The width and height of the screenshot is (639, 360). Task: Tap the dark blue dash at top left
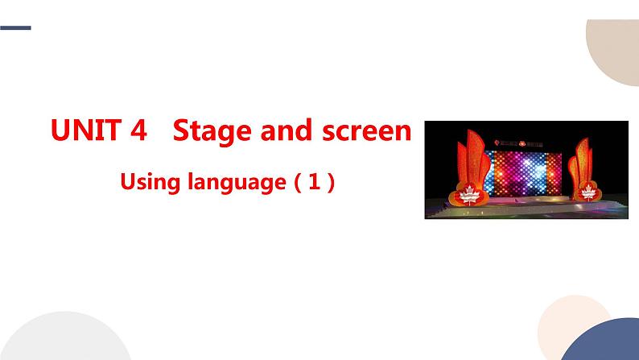(x=15, y=28)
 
